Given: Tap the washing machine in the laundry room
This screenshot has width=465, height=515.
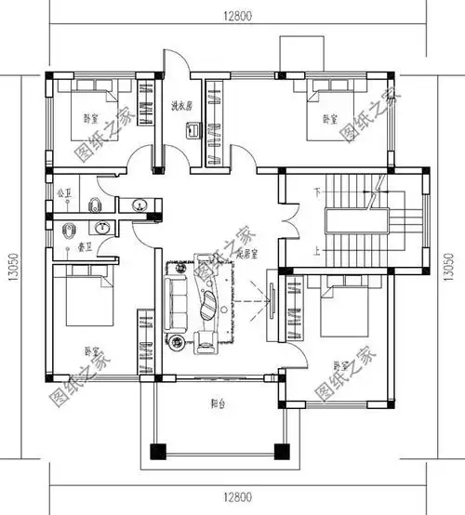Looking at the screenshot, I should coord(193,132).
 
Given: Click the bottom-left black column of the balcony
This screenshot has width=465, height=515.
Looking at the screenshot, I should coord(155,453).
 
